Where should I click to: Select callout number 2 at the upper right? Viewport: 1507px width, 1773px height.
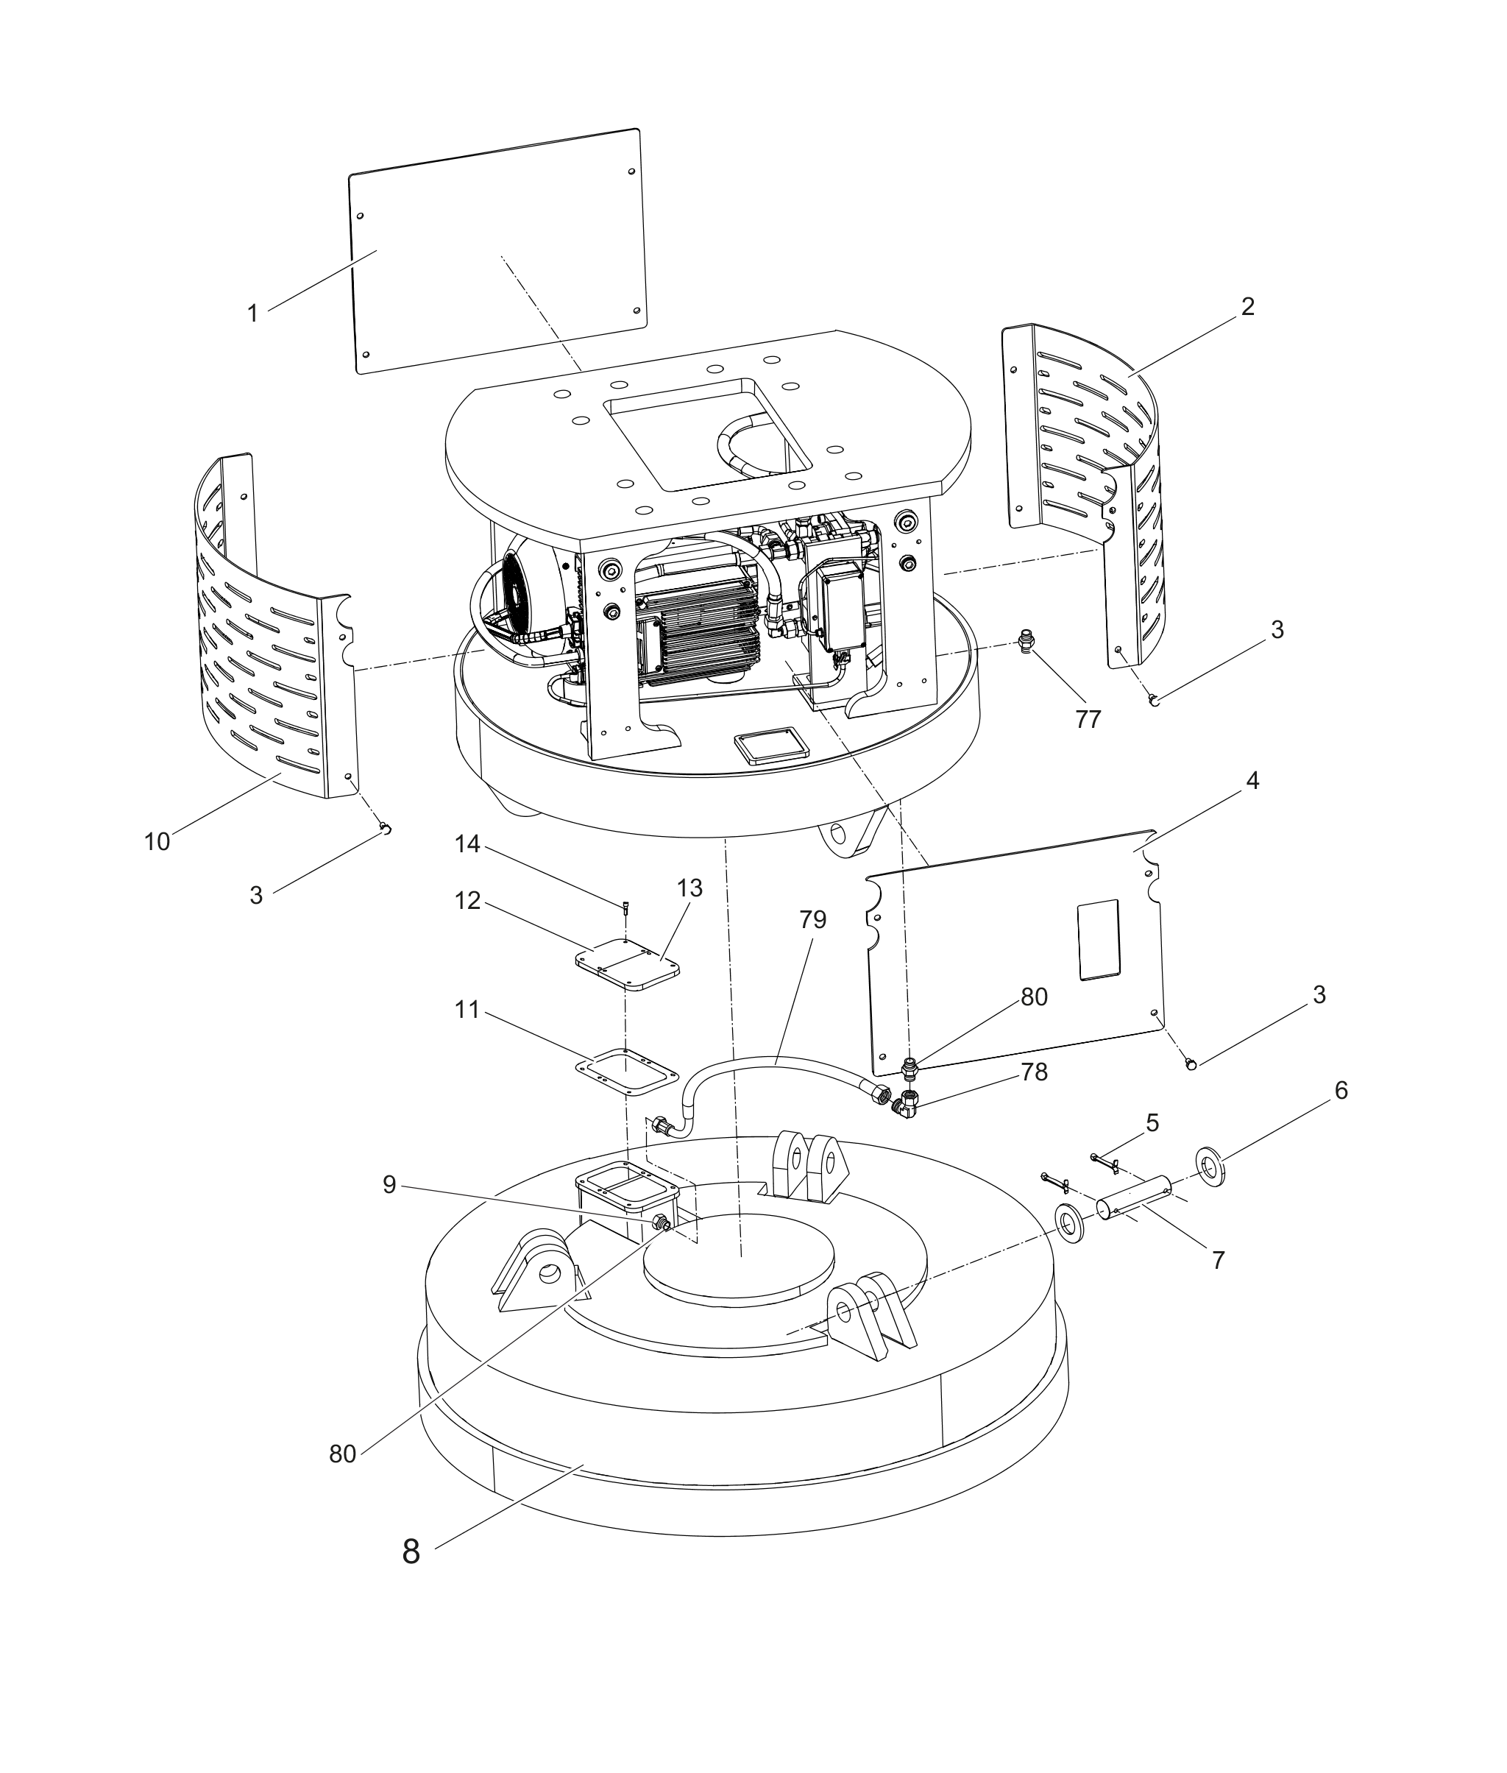tap(1247, 307)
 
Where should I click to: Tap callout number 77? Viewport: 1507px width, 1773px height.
tap(1088, 720)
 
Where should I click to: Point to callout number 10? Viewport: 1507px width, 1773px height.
tap(157, 842)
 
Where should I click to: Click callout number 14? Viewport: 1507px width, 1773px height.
tap(467, 844)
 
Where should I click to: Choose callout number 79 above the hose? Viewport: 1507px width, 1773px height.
tap(812, 919)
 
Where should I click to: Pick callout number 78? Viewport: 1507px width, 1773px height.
tap(1035, 1072)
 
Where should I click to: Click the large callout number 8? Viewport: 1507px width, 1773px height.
tap(411, 1551)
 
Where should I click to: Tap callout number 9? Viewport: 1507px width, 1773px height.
tap(389, 1185)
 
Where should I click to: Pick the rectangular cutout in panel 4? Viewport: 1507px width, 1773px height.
tap(1098, 938)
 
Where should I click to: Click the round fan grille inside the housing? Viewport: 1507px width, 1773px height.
tap(520, 590)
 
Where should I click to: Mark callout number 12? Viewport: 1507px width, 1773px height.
tap(467, 901)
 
